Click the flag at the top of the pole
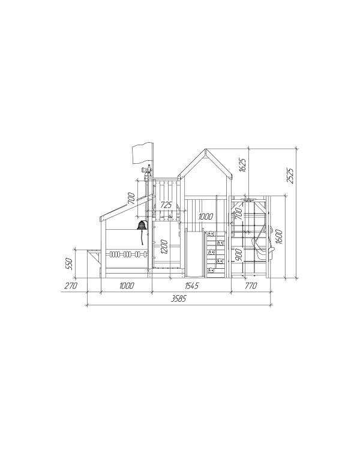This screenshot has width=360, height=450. pyautogui.click(x=143, y=154)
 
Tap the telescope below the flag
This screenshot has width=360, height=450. pyautogui.click(x=146, y=169)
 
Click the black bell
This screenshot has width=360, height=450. pyautogui.click(x=142, y=225)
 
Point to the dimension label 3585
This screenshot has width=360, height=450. pyautogui.click(x=179, y=299)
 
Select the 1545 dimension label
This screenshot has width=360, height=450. pyautogui.click(x=191, y=286)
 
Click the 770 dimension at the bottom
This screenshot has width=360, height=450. pyautogui.click(x=251, y=286)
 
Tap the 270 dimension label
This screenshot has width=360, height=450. pyautogui.click(x=71, y=286)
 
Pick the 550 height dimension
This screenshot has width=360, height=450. pyautogui.click(x=68, y=263)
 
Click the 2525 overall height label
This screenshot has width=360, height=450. pyautogui.click(x=290, y=175)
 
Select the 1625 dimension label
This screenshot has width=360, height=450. pyautogui.click(x=242, y=165)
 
